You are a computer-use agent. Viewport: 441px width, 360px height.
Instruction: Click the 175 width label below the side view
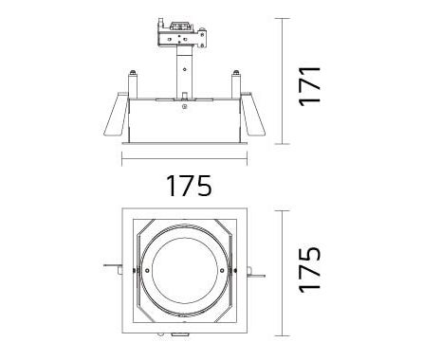189,186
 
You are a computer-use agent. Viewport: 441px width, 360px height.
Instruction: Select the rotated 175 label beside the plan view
310,270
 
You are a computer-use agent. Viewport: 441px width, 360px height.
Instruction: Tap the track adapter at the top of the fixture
181,34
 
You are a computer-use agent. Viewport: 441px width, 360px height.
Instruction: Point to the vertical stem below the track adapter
184,73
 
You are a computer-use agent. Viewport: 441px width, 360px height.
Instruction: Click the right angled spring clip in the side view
252,115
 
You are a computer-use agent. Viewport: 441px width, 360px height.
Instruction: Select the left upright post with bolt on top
133,84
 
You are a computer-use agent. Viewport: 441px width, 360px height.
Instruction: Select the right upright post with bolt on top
236,84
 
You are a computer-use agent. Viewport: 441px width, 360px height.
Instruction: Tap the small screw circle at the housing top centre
184,106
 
